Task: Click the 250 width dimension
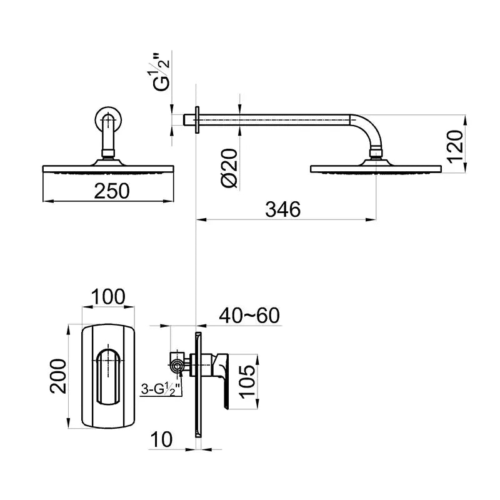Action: [x=112, y=191]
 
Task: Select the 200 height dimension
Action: [x=58, y=376]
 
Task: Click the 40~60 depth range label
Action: [x=249, y=316]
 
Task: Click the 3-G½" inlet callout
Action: [x=161, y=390]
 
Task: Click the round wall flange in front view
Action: [x=109, y=119]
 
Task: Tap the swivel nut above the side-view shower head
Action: [x=376, y=152]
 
